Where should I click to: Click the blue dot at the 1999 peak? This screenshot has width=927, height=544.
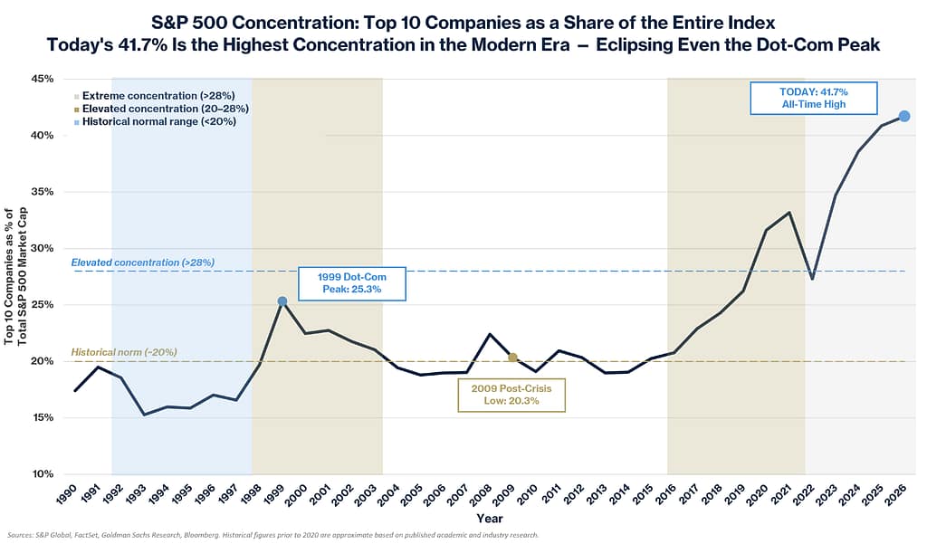pyautogui.click(x=282, y=301)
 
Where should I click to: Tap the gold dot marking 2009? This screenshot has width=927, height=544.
pyautogui.click(x=512, y=358)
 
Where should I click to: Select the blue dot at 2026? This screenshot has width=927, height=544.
pyautogui.click(x=904, y=116)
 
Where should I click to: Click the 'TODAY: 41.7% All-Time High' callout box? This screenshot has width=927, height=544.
pyautogui.click(x=814, y=98)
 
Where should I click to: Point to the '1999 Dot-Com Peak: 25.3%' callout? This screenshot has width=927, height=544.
pyautogui.click(x=352, y=283)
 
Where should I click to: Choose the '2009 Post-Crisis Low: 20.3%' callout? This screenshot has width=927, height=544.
pyautogui.click(x=511, y=395)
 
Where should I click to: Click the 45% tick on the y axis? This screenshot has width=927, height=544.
pyautogui.click(x=42, y=79)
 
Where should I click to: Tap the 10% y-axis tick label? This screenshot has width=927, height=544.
pyautogui.click(x=42, y=473)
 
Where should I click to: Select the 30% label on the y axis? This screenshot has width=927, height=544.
pyautogui.click(x=42, y=248)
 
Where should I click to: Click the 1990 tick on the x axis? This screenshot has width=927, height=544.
pyautogui.click(x=67, y=494)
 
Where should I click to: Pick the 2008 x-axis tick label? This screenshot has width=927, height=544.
pyautogui.click(x=482, y=494)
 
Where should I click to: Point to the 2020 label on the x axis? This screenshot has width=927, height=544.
pyautogui.click(x=758, y=494)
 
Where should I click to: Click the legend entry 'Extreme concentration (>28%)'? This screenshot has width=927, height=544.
pyautogui.click(x=154, y=96)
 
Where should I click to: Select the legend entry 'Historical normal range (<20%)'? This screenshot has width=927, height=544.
pyautogui.click(x=155, y=122)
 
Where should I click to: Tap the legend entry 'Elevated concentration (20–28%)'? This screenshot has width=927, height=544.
pyautogui.click(x=161, y=109)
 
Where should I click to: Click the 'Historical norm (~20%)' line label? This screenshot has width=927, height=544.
pyautogui.click(x=124, y=352)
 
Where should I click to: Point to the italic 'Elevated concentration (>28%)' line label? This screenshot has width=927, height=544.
pyautogui.click(x=143, y=262)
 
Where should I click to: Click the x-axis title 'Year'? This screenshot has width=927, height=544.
pyautogui.click(x=490, y=519)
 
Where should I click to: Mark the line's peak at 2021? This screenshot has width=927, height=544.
pyautogui.click(x=789, y=213)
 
